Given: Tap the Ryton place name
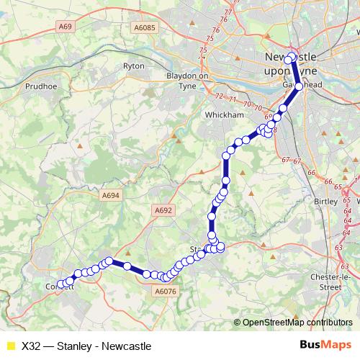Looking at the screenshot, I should coord(135,65).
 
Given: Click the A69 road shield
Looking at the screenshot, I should coord(67,27).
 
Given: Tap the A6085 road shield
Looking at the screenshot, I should coord(145,27).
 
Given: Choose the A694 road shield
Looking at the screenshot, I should coord(110,195).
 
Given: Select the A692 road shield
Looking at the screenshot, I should coord(163,210).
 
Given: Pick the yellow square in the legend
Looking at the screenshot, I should coord(10,346).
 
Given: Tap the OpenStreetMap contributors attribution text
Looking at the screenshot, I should coord(297,323).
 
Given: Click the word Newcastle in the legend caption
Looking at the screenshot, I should coord(127,346).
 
